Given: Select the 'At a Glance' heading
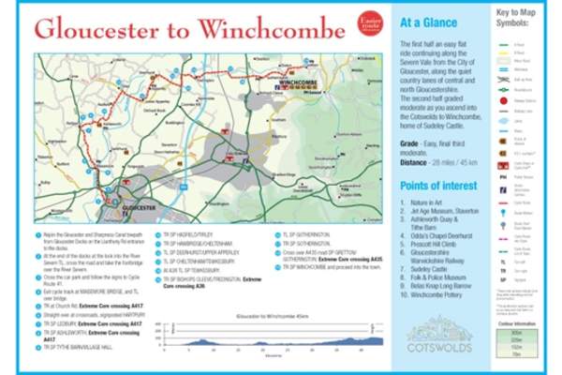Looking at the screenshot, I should coord(428,22).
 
